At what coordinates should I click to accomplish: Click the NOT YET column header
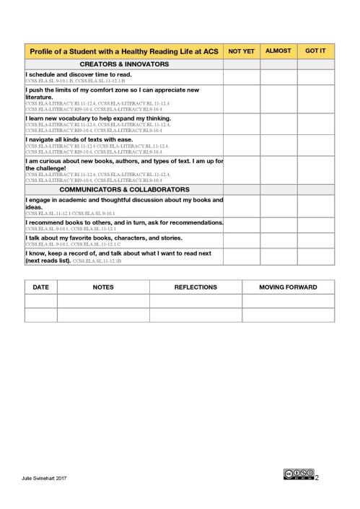(x=241, y=52)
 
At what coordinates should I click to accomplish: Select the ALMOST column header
(x=278, y=52)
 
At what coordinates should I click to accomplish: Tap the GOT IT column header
(x=315, y=52)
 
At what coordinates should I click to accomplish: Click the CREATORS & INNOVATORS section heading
(x=123, y=64)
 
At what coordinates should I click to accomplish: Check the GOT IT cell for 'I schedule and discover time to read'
(x=315, y=77)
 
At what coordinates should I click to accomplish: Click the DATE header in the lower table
(x=41, y=287)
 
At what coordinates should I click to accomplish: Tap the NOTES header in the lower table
(x=103, y=287)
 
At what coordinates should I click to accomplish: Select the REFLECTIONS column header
(x=196, y=287)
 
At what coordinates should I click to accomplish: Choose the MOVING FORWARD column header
(x=288, y=287)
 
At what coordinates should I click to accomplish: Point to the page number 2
(x=317, y=477)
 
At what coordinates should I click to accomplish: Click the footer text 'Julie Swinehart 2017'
(x=43, y=478)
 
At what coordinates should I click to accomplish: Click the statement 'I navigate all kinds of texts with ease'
(x=79, y=138)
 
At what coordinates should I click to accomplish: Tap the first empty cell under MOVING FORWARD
(x=288, y=301)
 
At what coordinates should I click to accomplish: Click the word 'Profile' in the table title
(x=43, y=52)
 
